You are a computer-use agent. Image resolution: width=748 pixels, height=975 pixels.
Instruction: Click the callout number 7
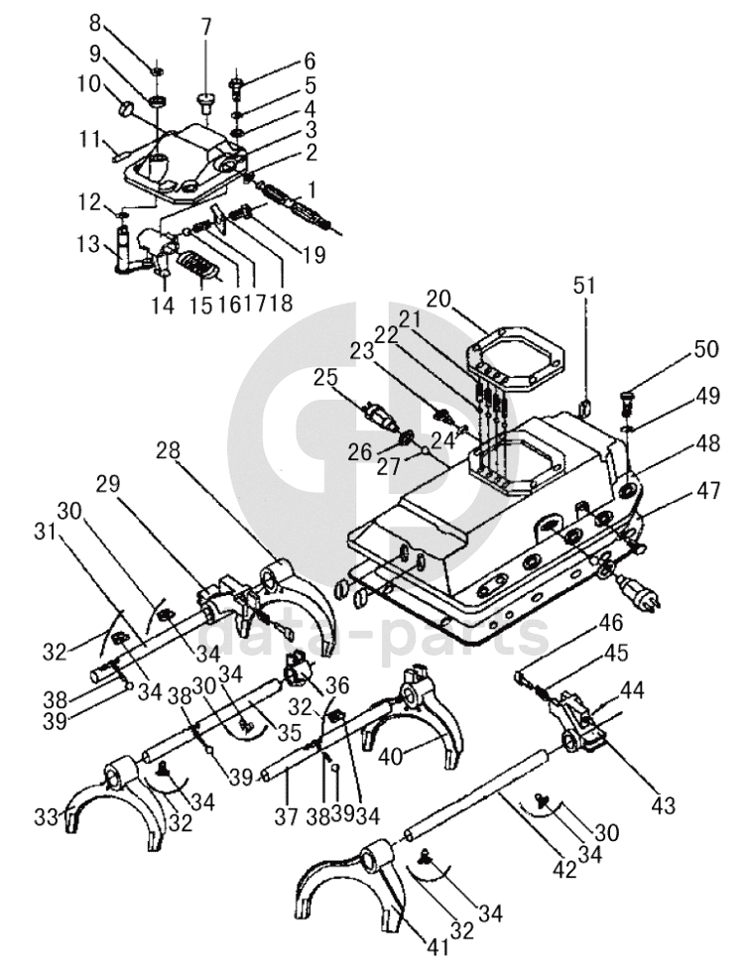click(205, 28)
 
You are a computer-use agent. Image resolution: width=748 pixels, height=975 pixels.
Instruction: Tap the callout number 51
click(584, 286)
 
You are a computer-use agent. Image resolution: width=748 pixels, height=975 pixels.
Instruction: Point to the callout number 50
click(706, 349)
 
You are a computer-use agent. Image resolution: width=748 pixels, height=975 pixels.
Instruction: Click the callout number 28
click(168, 451)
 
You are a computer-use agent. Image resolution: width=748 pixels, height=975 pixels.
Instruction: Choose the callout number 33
click(47, 817)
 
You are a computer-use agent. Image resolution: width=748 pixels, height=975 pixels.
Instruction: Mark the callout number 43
click(663, 805)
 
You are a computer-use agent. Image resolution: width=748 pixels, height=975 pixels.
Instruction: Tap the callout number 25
click(325, 378)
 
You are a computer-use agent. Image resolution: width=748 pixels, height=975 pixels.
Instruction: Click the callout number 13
click(90, 244)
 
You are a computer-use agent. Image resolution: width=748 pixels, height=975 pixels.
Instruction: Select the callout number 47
click(708, 491)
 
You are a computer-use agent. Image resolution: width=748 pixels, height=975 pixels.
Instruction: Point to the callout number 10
click(89, 83)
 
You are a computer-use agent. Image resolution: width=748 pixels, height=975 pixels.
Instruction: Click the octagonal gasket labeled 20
click(515, 357)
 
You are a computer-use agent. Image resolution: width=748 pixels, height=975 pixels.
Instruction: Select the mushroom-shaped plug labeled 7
click(205, 102)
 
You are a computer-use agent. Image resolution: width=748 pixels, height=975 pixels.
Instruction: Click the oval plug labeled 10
click(127, 109)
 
